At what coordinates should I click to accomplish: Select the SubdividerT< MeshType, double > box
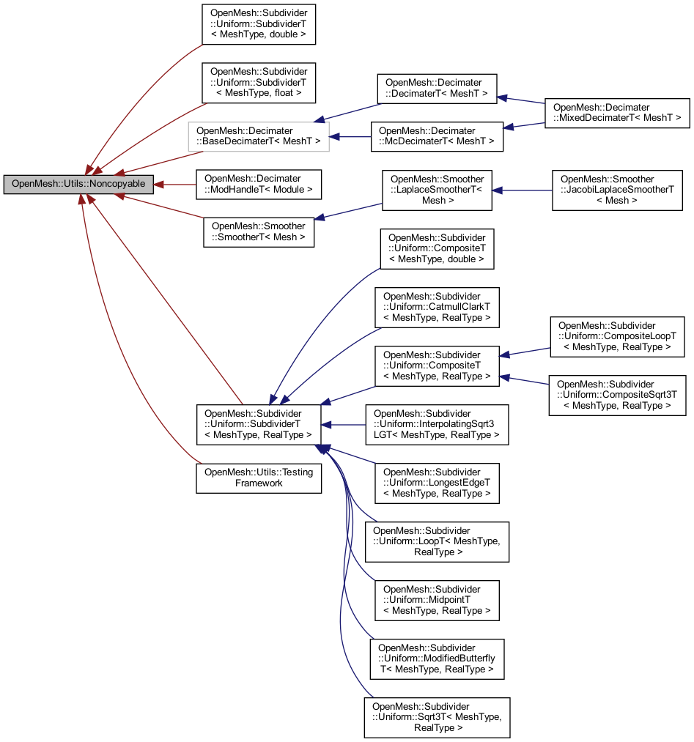point(258,23)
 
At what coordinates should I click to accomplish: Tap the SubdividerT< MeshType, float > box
point(258,82)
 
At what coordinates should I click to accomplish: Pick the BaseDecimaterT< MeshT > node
point(258,136)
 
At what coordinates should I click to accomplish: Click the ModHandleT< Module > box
point(258,184)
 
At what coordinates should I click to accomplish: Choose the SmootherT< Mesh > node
point(258,231)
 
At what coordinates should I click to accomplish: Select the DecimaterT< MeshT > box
point(437,89)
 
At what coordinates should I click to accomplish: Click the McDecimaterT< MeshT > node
point(437,136)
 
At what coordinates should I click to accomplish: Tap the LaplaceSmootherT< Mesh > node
point(437,190)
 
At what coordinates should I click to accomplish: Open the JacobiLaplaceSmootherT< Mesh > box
point(617,190)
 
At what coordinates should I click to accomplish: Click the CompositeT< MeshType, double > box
point(437,248)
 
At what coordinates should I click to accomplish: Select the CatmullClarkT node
point(437,307)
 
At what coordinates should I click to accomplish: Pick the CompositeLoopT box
point(617,336)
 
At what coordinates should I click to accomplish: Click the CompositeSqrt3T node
point(617,395)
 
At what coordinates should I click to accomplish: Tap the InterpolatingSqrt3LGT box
point(437,424)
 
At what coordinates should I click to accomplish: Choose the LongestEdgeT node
point(437,483)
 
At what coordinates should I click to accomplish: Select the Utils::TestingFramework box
point(258,478)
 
